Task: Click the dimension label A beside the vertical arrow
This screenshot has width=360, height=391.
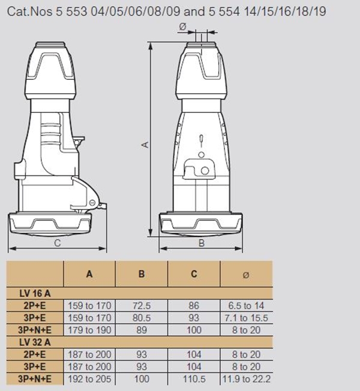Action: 145,145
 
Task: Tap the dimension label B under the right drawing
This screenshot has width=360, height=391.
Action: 202,243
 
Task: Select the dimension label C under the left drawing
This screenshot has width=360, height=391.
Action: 58,243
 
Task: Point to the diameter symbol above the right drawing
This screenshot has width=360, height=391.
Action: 182,26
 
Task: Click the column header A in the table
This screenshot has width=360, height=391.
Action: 89,274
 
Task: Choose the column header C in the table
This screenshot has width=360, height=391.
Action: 194,274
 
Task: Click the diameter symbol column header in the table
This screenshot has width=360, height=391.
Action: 246,275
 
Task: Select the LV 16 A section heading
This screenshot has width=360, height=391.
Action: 35,294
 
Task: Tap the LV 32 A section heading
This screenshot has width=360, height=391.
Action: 35,342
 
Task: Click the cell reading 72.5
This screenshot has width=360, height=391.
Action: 142,306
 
